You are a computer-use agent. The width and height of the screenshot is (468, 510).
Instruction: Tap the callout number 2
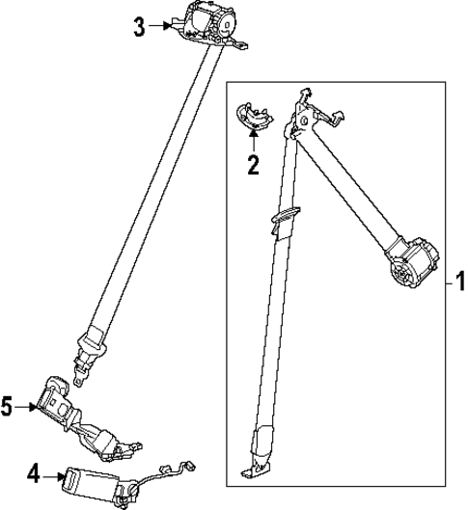(x=253, y=165)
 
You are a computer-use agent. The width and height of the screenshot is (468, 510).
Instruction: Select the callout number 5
(x=8, y=408)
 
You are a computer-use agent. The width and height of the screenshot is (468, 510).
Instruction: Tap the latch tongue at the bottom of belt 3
(x=92, y=346)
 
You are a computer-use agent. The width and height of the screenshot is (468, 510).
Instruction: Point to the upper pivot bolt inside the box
(x=305, y=121)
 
